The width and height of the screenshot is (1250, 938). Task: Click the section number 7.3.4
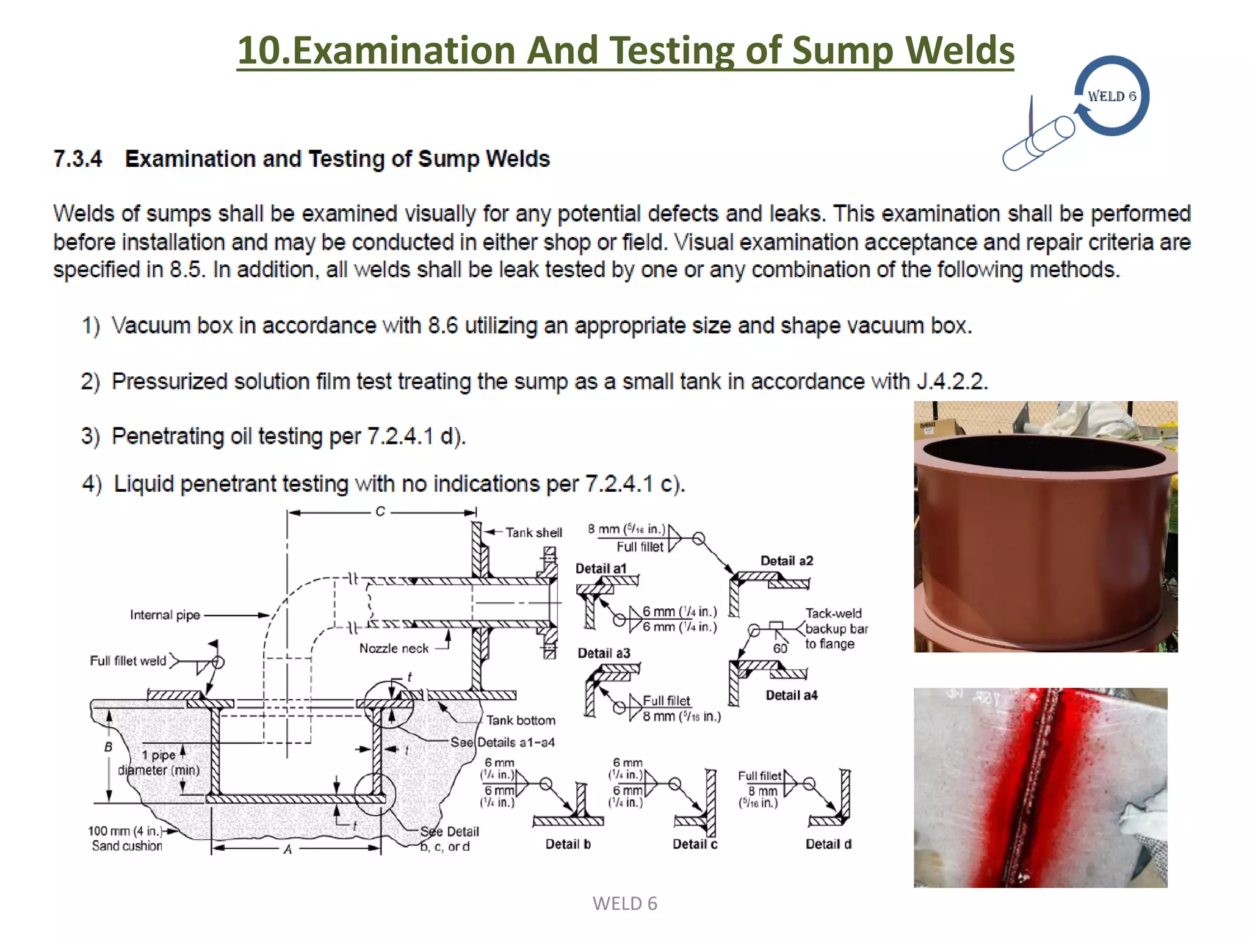[x=78, y=159]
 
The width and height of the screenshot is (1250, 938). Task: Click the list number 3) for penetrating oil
[x=90, y=437]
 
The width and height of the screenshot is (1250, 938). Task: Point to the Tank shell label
[x=533, y=533]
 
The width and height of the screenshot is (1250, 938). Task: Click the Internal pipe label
[x=165, y=615]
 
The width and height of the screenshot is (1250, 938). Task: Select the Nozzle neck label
[x=394, y=649]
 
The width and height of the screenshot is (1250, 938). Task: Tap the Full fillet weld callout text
[x=128, y=661]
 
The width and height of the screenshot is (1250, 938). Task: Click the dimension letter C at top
[x=380, y=512]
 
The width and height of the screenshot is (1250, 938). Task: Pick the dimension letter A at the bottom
[x=287, y=849]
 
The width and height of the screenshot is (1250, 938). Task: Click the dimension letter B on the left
[x=108, y=747]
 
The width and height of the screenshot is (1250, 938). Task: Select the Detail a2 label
[x=786, y=561]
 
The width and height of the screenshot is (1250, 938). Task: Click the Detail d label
[x=828, y=844]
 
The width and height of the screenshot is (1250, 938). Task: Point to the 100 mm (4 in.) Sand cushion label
[x=126, y=838]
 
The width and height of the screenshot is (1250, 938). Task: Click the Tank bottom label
[x=521, y=721]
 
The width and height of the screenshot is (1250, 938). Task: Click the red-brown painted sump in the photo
[x=1044, y=531]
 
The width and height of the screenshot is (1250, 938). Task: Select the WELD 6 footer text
[x=624, y=904]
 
